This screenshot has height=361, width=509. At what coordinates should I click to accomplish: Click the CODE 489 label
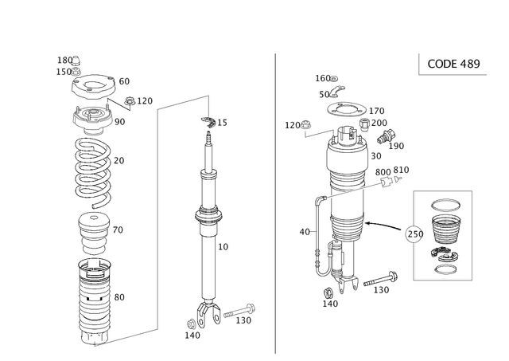tap(453, 64)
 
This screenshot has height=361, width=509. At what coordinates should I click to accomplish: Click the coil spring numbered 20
tap(93, 172)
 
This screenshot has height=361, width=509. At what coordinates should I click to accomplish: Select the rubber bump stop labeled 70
tap(92, 233)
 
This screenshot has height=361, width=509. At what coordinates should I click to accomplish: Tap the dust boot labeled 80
tap(95, 301)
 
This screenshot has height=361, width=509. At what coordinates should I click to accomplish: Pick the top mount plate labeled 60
tap(93, 86)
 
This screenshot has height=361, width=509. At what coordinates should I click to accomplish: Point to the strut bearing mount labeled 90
tap(92, 120)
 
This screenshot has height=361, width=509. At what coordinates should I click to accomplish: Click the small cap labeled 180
tap(76, 61)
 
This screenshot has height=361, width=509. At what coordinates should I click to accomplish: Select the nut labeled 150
tap(76, 72)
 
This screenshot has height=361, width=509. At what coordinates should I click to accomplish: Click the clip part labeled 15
tap(208, 120)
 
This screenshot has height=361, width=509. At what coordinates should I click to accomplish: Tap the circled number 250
tap(415, 234)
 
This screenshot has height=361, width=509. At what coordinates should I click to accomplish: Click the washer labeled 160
tap(334, 78)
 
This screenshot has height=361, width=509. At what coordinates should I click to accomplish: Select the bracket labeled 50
tap(336, 92)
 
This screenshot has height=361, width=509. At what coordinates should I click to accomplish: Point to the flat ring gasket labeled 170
tap(347, 109)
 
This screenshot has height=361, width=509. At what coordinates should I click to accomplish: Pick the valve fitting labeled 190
tap(386, 136)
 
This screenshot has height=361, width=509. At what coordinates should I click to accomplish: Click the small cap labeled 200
tap(365, 124)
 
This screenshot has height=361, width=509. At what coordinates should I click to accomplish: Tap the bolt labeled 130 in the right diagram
tap(381, 280)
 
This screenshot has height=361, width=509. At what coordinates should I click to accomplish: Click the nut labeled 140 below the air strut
tap(328, 292)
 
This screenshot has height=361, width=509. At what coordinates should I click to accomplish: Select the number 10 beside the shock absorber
tap(223, 247)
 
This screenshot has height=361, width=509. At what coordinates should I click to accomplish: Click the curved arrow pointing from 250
tap(383, 225)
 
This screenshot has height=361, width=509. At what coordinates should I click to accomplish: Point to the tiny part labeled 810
tap(398, 179)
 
